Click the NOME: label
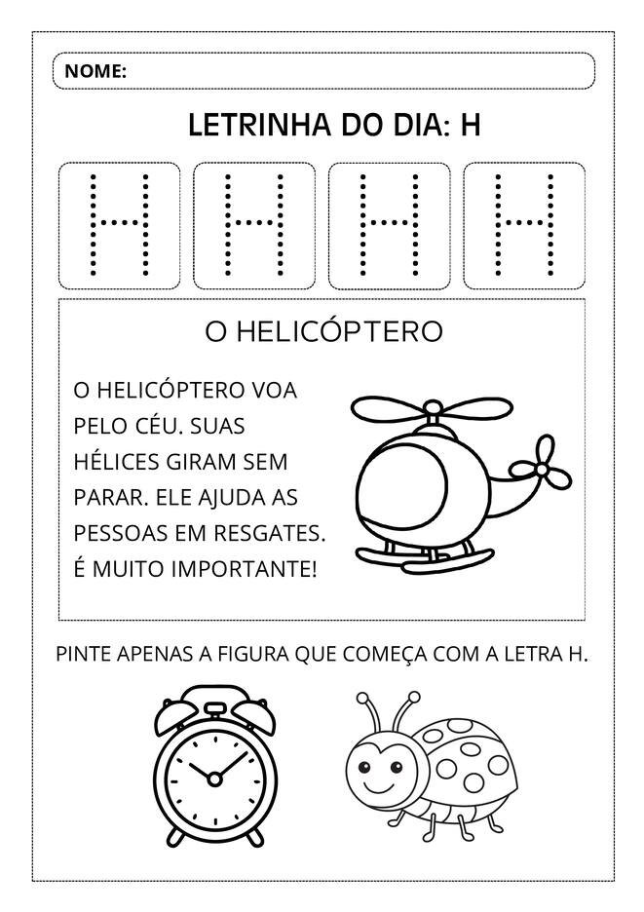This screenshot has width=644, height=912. pyautogui.click(x=95, y=71)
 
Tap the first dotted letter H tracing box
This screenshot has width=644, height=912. pyautogui.click(x=119, y=225)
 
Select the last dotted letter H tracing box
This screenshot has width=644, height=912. pyautogui.click(x=524, y=225)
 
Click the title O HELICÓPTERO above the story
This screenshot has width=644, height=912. pyautogui.click(x=323, y=332)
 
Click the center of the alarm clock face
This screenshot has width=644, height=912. pyautogui.click(x=211, y=776)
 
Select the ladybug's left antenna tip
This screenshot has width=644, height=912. pyautogui.click(x=363, y=698)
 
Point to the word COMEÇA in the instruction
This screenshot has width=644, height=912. pyautogui.click(x=382, y=654)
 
